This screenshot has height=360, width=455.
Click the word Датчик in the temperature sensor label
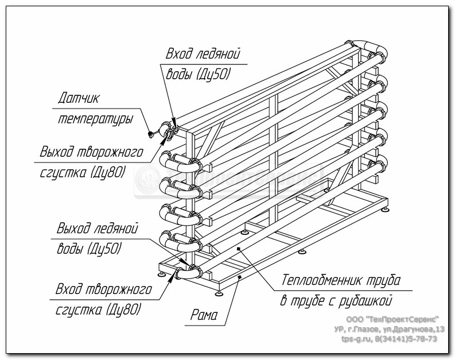point(78,98)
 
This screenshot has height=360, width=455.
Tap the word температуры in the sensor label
point(95,119)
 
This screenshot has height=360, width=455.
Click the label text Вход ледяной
point(203,55)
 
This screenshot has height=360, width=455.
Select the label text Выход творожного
point(91,153)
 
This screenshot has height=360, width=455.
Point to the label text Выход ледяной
point(97,229)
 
